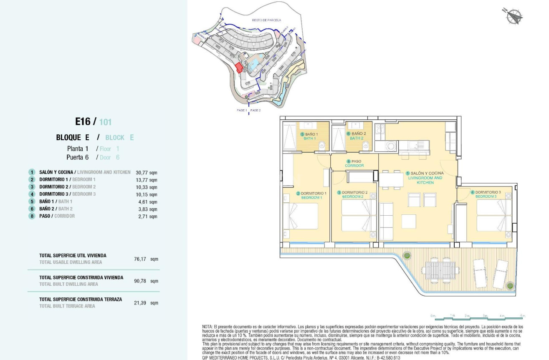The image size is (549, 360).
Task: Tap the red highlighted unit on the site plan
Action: click(239, 68)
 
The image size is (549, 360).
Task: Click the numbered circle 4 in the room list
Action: click(31, 194)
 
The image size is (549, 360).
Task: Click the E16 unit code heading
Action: click(83, 121)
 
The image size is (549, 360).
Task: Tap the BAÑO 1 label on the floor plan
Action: click(311, 134)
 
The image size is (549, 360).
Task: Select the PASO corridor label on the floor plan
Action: click(354, 161)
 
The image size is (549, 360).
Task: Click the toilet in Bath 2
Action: click(366, 146)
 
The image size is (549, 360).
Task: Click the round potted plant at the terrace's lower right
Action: click(509, 286)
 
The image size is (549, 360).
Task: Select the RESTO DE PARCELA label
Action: click(266, 20)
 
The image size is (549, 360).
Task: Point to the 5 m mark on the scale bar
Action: click(523, 316)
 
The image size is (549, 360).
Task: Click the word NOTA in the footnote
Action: click(207, 327)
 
